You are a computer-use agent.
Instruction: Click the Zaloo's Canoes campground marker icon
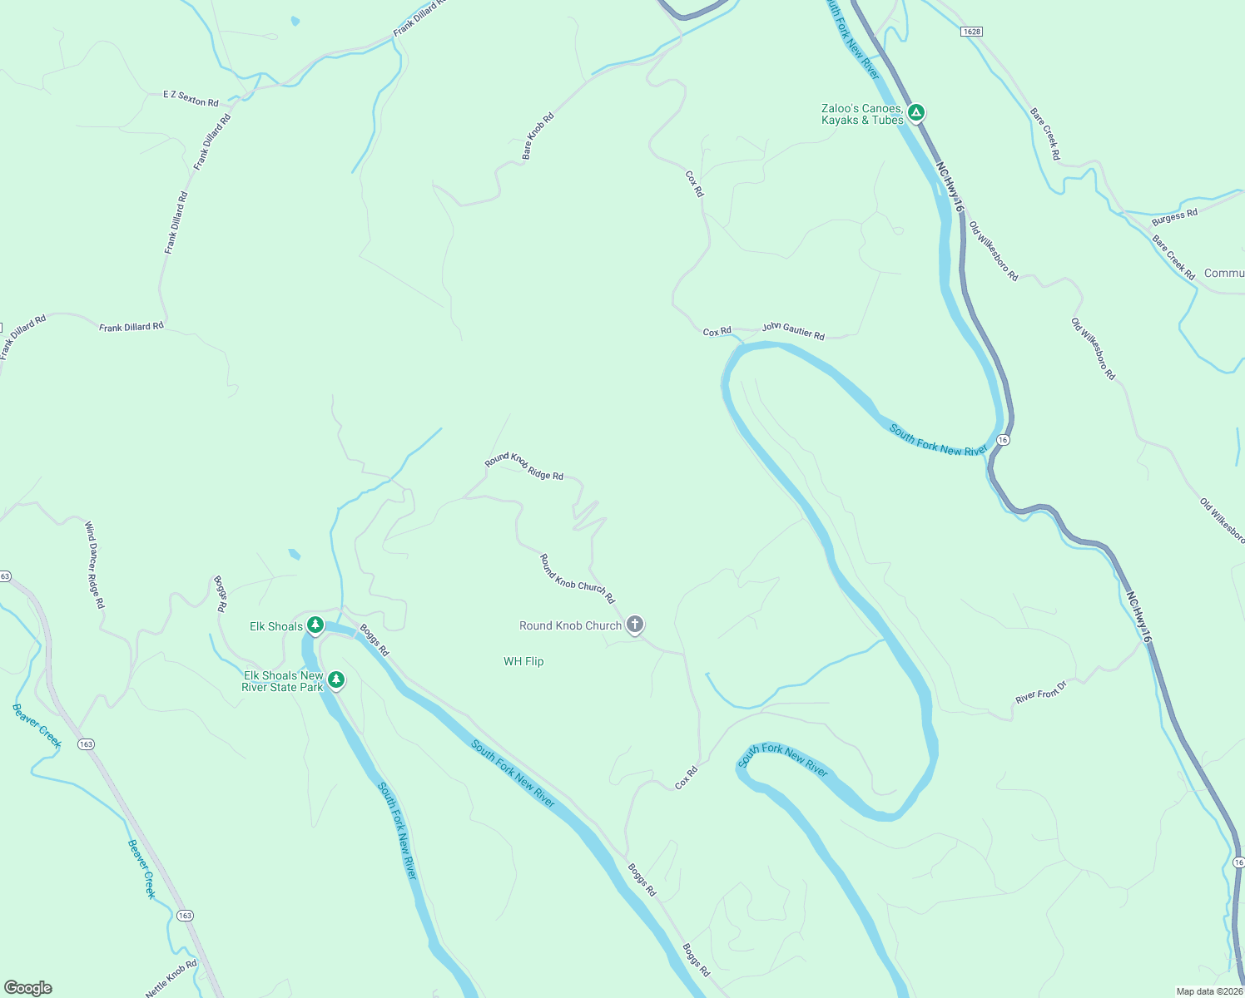click(x=916, y=112)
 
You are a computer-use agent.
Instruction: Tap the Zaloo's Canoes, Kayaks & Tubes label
click(x=862, y=115)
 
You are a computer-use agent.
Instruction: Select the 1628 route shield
click(x=971, y=32)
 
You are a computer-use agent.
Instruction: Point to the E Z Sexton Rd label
click(x=191, y=99)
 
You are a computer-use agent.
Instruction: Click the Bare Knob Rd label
click(x=538, y=136)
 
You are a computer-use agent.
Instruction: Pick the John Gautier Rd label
click(x=793, y=332)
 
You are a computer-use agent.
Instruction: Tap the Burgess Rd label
click(x=1174, y=217)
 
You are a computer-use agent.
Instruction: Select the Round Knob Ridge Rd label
click(x=524, y=467)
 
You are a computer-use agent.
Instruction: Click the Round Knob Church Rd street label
click(x=577, y=579)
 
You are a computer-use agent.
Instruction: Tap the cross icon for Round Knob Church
click(x=635, y=625)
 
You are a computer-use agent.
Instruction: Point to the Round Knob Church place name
click(x=570, y=625)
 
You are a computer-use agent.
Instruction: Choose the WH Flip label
click(x=523, y=661)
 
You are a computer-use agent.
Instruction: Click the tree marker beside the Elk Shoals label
click(x=315, y=625)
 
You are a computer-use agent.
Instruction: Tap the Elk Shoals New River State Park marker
click(x=336, y=680)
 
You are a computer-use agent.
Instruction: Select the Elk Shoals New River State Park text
click(x=283, y=681)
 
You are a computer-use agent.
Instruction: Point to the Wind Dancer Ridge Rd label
click(x=95, y=565)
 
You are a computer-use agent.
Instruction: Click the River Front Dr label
click(x=1040, y=692)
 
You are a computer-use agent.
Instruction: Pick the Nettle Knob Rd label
click(x=171, y=978)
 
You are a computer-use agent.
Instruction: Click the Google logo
click(x=28, y=988)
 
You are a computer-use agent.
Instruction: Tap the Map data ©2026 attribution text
click(x=1208, y=991)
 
